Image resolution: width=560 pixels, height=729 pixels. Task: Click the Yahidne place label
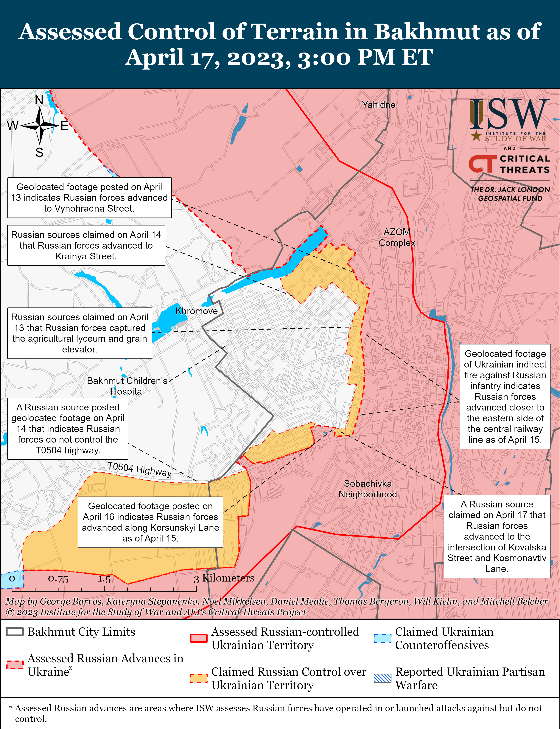[x=379, y=105]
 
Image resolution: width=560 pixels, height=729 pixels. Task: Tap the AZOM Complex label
[x=397, y=237]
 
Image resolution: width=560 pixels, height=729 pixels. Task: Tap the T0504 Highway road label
[x=139, y=469]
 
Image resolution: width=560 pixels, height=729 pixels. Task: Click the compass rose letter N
[x=39, y=100]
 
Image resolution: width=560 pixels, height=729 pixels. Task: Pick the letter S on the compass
[x=39, y=153]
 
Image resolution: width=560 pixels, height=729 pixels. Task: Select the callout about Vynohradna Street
[x=89, y=198]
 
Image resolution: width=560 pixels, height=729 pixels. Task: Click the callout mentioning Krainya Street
[x=86, y=245]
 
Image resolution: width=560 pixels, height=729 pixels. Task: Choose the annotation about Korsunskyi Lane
[x=150, y=522]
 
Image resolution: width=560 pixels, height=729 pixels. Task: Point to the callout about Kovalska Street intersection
[x=497, y=536]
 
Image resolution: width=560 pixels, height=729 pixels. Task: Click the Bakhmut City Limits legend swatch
[x=15, y=632]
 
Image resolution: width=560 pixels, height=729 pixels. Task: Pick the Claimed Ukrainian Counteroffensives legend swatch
[x=382, y=638]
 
